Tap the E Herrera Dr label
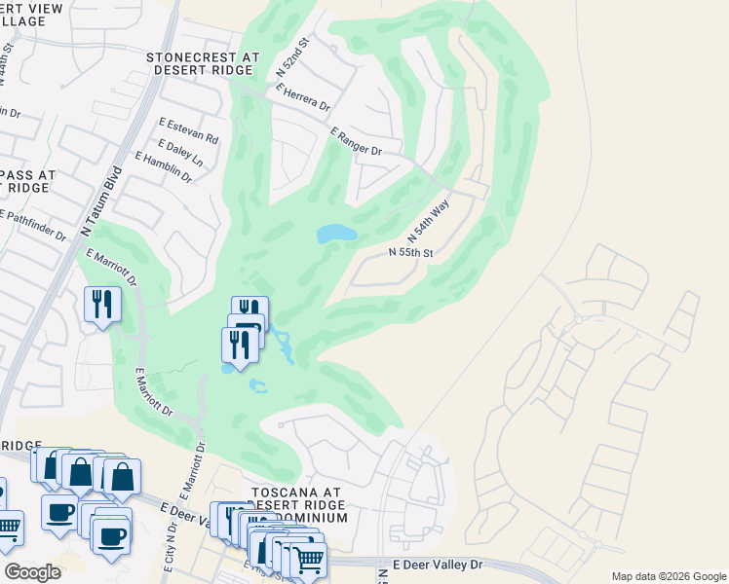(303, 98)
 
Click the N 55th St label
(410, 252)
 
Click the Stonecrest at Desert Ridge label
(203, 64)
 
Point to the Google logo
(32, 571)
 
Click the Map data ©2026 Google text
(668, 576)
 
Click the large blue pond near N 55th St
(335, 234)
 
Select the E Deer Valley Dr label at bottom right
(438, 565)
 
